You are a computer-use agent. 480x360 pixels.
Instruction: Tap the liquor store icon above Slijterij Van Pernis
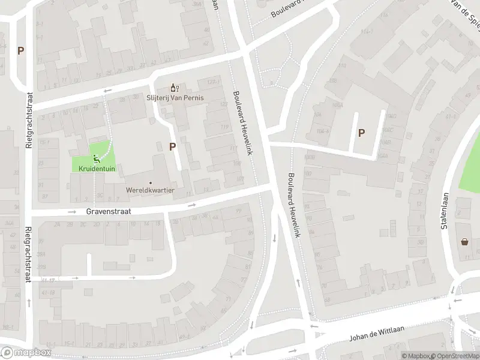tap(175, 88)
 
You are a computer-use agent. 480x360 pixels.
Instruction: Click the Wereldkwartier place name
tap(150, 190)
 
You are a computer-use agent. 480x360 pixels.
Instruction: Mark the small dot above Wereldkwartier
tap(150, 182)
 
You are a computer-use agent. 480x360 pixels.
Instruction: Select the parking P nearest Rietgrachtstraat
tap(21, 51)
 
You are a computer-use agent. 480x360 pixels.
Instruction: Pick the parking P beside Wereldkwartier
tap(173, 146)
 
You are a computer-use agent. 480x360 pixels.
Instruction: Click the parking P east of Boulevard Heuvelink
tap(361, 133)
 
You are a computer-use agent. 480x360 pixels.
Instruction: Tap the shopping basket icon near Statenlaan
tap(464, 242)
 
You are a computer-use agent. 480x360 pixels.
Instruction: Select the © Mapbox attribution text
tap(416, 356)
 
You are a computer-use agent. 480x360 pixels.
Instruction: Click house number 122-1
tap(211, 82)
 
